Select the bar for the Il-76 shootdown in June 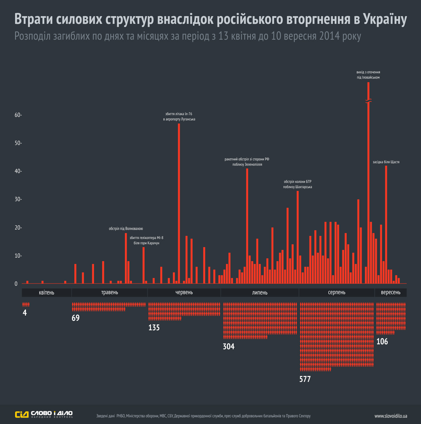(179, 204)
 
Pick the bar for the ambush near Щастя (386, 225)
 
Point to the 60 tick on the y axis (18, 115)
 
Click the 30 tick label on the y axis (18, 199)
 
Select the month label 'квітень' (47, 292)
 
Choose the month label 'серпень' (337, 292)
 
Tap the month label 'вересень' (390, 292)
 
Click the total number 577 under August (305, 379)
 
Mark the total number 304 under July (229, 346)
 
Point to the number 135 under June (154, 327)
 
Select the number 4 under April (25, 313)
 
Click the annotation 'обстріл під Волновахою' (126, 229)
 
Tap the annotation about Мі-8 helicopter (146, 240)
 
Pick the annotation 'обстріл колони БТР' (298, 184)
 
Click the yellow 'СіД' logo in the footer (22, 415)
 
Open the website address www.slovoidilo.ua (391, 416)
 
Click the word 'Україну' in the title (385, 20)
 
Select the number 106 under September (382, 342)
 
